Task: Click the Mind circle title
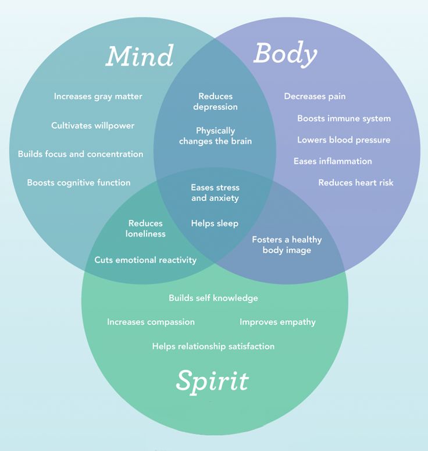click(x=140, y=56)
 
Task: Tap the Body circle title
click(x=286, y=54)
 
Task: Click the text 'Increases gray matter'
click(x=98, y=97)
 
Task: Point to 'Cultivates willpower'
click(x=93, y=126)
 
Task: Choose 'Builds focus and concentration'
click(x=80, y=154)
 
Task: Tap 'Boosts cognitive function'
click(x=79, y=183)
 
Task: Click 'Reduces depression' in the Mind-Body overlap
click(x=215, y=101)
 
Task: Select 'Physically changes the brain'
click(x=215, y=136)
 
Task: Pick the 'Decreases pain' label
click(x=315, y=97)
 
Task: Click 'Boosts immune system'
click(x=344, y=118)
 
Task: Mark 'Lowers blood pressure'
click(x=344, y=140)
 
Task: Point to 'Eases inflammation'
click(x=333, y=161)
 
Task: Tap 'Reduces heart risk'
click(x=356, y=183)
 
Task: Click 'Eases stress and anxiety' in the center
click(x=215, y=193)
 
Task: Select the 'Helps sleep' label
click(x=215, y=223)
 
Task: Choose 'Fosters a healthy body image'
click(x=287, y=245)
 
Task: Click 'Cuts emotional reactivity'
click(x=145, y=260)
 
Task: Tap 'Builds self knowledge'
click(x=213, y=298)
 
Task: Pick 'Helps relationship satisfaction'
click(x=213, y=346)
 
